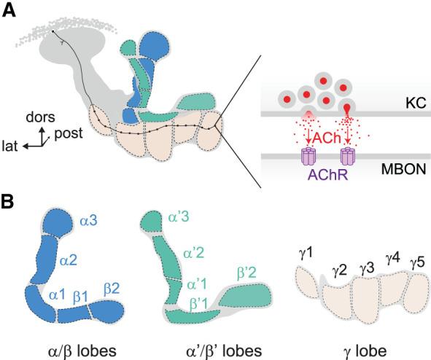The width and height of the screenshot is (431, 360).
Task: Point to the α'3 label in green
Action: [x=180, y=216]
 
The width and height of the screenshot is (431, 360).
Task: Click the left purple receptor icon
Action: [x=307, y=155]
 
